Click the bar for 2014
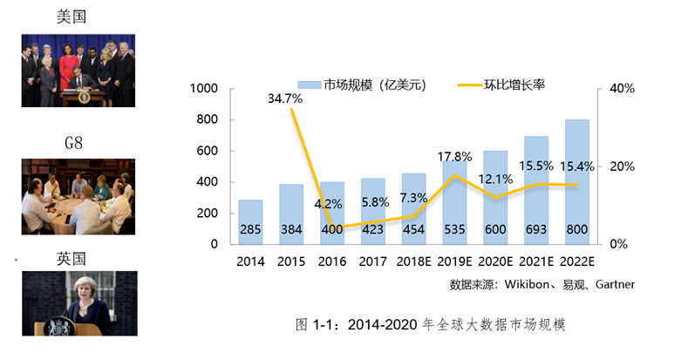pyautogui.click(x=250, y=221)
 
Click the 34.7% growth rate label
pyautogui.click(x=284, y=98)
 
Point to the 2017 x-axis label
pyautogui.click(x=372, y=261)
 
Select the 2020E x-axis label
pyautogui.click(x=495, y=261)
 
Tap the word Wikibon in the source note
pyautogui.click(x=524, y=284)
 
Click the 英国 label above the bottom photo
pyautogui.click(x=74, y=259)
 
